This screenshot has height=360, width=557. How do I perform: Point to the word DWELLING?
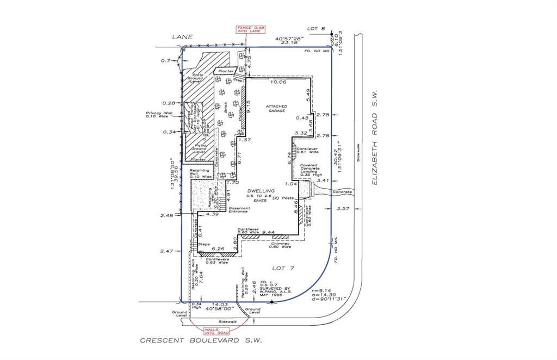point(261,190)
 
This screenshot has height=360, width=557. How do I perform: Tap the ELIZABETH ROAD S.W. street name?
point(375,138)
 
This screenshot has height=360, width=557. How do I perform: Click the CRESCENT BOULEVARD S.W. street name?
point(201,342)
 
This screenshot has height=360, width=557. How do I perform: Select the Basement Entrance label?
point(239,209)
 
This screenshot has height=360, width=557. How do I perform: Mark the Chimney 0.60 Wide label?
point(281,245)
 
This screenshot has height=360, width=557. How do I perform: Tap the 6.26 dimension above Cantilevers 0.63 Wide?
point(218,249)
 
